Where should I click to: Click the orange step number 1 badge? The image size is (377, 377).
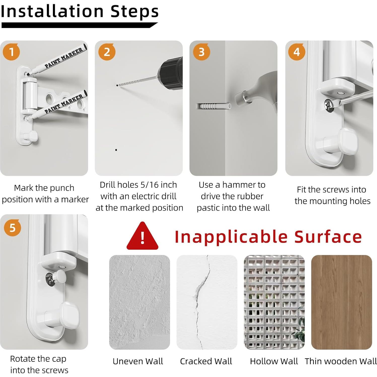click(x=11, y=52)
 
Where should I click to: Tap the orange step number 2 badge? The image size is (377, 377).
click(x=107, y=52)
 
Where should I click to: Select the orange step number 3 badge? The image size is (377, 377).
click(x=201, y=52)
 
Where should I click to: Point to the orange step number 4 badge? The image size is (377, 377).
click(x=297, y=52)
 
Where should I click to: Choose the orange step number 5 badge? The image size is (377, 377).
click(x=12, y=228)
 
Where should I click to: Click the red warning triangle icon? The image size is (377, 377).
click(x=142, y=236)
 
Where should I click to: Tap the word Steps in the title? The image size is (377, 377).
click(x=135, y=12)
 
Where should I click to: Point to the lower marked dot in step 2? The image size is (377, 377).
click(x=116, y=150)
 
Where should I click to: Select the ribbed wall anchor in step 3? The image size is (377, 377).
click(x=213, y=106)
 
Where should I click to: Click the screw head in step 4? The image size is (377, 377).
click(x=329, y=103)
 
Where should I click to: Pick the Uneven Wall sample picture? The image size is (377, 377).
click(x=140, y=302)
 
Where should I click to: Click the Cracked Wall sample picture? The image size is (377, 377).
click(x=207, y=302)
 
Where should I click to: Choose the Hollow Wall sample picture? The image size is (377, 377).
click(x=274, y=302)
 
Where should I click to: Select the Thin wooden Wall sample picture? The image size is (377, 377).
click(x=341, y=302)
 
